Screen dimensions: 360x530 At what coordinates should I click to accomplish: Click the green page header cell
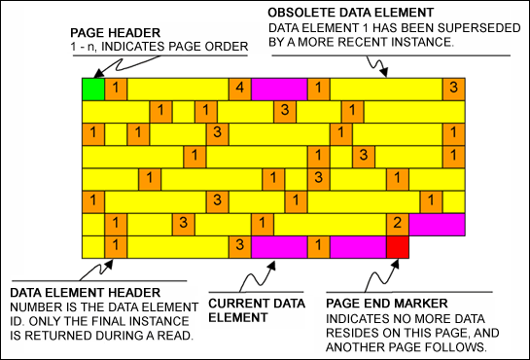[x=93, y=89]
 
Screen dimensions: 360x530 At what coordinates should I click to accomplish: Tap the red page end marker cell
[x=397, y=246]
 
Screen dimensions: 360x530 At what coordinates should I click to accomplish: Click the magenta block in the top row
[x=278, y=89]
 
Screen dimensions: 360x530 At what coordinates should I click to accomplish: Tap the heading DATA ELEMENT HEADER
[x=71, y=291]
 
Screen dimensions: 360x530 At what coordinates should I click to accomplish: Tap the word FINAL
[x=154, y=319]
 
